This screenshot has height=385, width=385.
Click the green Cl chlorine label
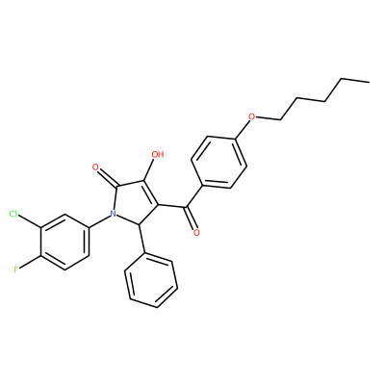click(x=13, y=214)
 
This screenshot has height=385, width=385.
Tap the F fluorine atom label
click(x=16, y=269)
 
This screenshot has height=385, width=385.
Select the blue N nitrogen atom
click(x=113, y=214)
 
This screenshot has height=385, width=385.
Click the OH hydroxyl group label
click(x=157, y=155)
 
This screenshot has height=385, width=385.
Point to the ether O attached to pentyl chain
click(x=252, y=116)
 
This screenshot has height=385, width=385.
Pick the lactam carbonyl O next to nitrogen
click(x=95, y=167)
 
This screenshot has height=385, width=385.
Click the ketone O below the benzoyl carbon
click(x=196, y=232)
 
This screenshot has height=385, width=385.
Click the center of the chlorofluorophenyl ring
click(x=64, y=243)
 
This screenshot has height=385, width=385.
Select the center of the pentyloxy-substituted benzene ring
click(x=219, y=163)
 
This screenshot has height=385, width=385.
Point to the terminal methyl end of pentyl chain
click(x=369, y=83)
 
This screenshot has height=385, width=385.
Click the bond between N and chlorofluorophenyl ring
click(x=98, y=221)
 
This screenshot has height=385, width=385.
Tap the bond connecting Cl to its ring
click(x=30, y=221)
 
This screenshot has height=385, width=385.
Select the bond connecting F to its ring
click(x=30, y=263)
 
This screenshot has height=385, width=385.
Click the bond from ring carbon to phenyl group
click(x=141, y=239)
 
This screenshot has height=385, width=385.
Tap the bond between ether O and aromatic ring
click(x=243, y=130)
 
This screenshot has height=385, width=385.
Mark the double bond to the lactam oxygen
click(x=108, y=177)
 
